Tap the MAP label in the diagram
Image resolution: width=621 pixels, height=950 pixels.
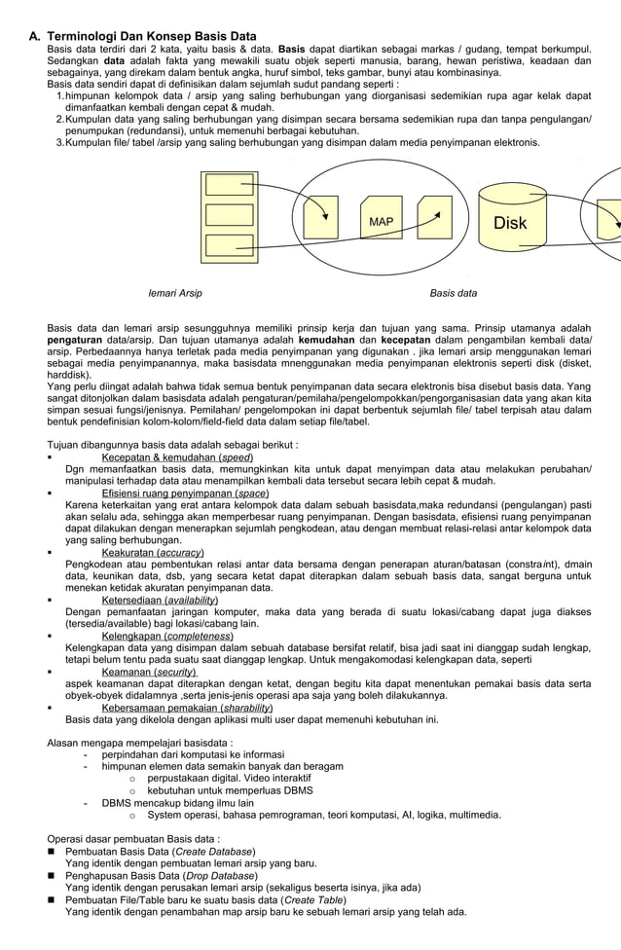click(x=381, y=222)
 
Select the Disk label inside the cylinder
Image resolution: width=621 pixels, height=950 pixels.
click(x=509, y=223)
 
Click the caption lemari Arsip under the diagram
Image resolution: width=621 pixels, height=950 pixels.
click(x=174, y=293)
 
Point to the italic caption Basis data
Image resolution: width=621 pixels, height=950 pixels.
click(x=454, y=293)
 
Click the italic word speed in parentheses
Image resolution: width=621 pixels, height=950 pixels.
click(x=237, y=457)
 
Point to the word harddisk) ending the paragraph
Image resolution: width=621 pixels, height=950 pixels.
click(x=69, y=375)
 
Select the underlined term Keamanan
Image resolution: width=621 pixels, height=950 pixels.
click(x=130, y=672)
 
